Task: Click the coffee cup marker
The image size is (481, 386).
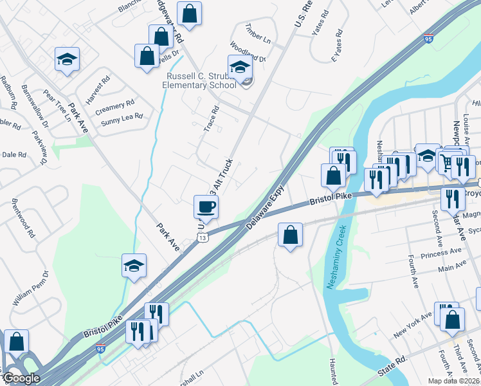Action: (206, 207)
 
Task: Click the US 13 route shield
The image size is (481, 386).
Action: (203, 238)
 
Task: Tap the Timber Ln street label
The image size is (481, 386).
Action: (257, 33)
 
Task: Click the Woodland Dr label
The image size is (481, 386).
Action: (248, 51)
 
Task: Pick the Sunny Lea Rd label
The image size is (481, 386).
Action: (121, 119)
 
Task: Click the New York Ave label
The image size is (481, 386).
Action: (413, 324)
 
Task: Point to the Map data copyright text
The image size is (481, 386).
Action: (453, 381)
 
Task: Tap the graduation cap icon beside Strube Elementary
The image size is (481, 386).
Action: (240, 66)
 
